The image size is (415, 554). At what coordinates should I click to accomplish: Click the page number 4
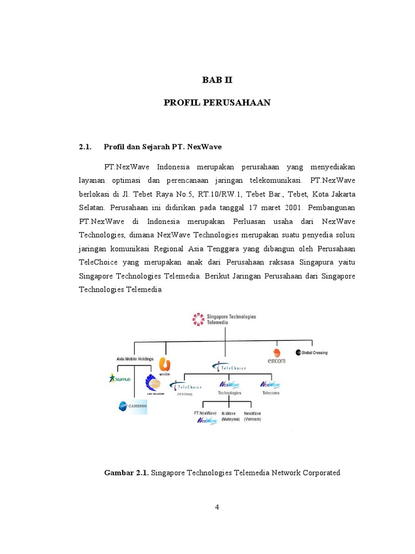pos(217,506)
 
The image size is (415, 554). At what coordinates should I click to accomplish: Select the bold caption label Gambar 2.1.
pos(126,473)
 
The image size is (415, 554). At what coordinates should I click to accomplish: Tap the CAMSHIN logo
pos(132,406)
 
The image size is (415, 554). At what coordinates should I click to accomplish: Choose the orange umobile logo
pos(164,365)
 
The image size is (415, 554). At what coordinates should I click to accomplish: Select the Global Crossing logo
pos(312,353)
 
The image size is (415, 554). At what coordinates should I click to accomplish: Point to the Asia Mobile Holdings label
pos(135,359)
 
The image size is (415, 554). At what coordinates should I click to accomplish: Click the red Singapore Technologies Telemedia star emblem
pos(198,320)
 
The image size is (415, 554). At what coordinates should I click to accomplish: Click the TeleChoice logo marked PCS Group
pos(185,387)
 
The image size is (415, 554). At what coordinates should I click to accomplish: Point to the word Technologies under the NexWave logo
pos(230,393)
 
